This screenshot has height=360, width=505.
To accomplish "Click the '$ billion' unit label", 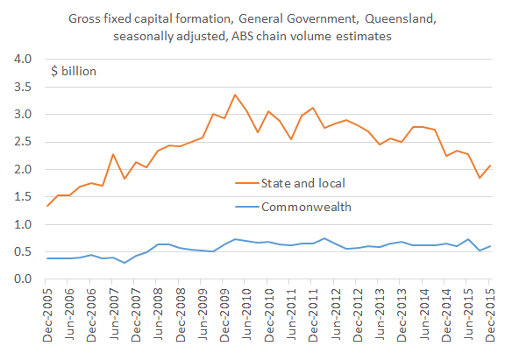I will [x=73, y=71].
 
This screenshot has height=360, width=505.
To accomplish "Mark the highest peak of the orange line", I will [x=234, y=95].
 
